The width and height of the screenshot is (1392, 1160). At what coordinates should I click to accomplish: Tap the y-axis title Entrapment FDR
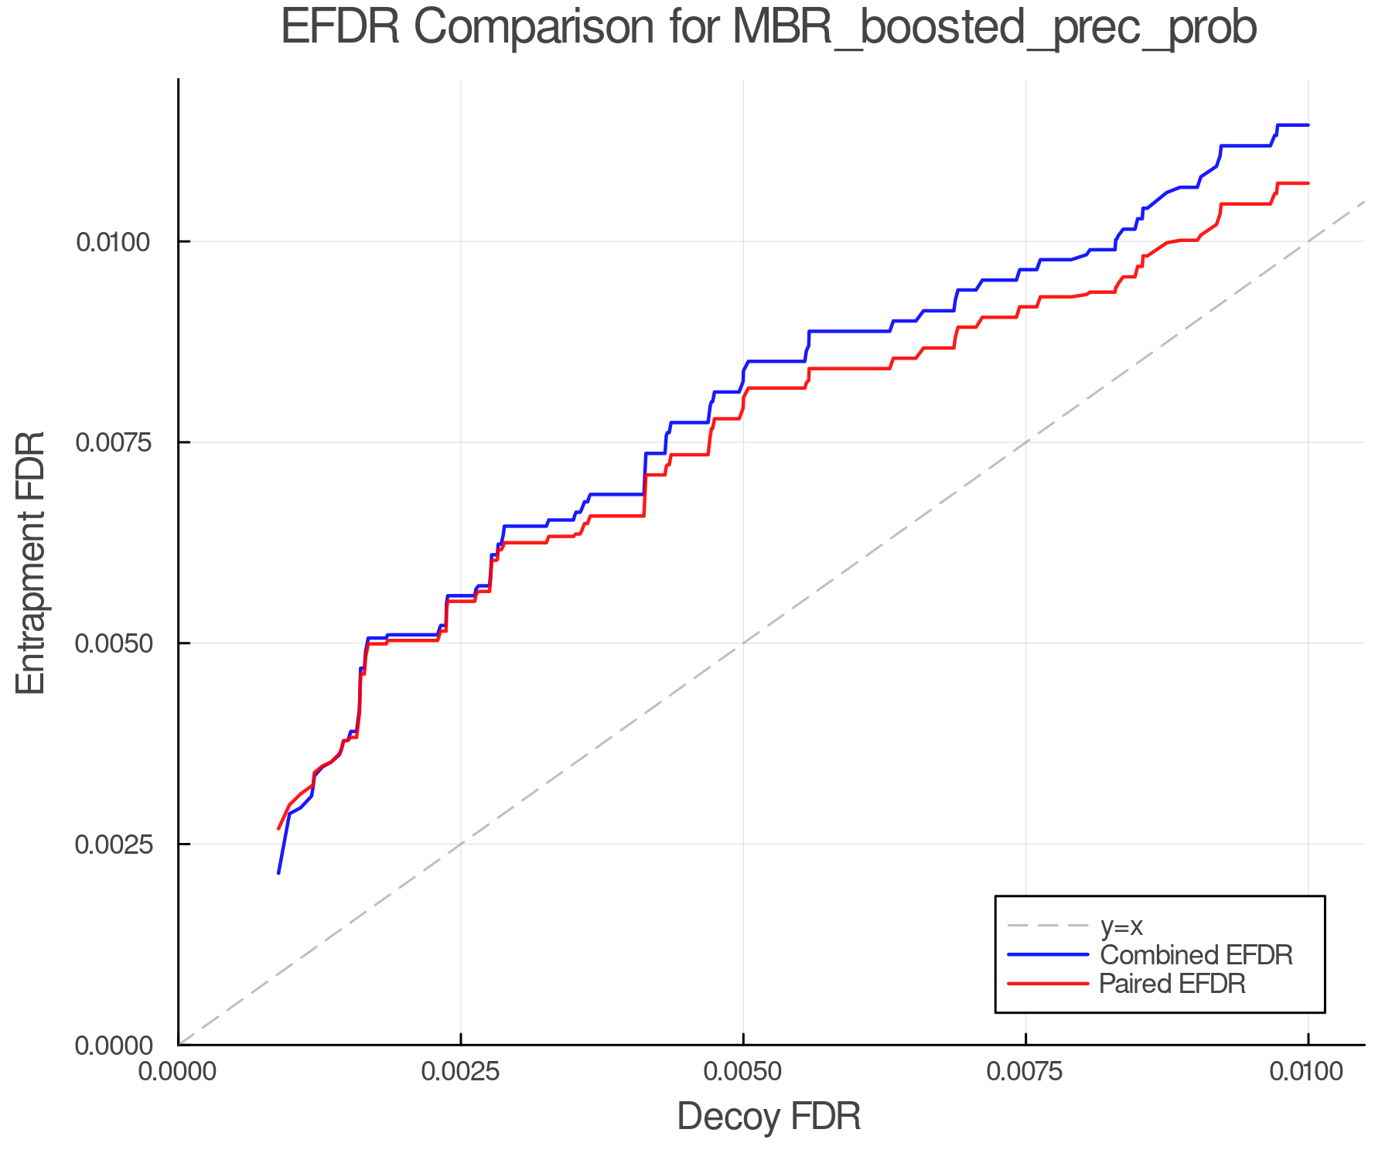[x=31, y=562]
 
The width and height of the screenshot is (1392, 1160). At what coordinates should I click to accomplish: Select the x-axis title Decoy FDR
[x=769, y=1117]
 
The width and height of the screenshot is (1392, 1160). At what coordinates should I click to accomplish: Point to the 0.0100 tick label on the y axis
[x=112, y=242]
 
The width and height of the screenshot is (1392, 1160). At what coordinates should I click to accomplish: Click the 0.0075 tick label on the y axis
[x=112, y=442]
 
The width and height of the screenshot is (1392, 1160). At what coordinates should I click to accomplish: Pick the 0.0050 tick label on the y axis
[x=112, y=643]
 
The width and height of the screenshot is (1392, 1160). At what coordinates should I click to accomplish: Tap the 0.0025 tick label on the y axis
[x=112, y=844]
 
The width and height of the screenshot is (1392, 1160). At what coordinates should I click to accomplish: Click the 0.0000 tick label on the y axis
[x=112, y=1046]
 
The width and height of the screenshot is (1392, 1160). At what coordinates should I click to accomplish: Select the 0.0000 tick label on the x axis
[x=179, y=1073]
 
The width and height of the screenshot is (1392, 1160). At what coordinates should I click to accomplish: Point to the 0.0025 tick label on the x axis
[x=461, y=1073]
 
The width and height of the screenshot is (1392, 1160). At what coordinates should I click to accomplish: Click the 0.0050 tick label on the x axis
[x=743, y=1073]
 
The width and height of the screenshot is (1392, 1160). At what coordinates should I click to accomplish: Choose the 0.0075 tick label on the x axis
[x=1025, y=1073]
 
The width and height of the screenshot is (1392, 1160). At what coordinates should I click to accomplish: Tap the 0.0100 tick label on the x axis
[x=1308, y=1073]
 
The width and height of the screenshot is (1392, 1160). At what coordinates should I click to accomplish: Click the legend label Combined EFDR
[x=1196, y=955]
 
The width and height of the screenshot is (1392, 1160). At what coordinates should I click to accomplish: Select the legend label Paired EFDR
[x=1172, y=984]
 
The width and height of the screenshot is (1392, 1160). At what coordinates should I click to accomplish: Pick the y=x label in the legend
[x=1121, y=926]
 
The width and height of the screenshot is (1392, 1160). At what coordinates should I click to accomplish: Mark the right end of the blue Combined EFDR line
[x=1308, y=125]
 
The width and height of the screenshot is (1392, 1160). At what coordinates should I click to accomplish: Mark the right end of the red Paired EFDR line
[x=1308, y=183]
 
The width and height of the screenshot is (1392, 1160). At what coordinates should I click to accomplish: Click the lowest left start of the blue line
[x=278, y=873]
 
